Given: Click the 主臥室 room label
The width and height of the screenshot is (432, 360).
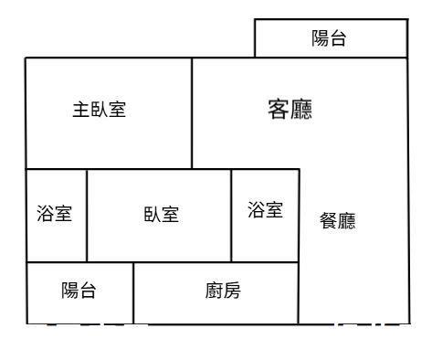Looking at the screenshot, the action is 100,110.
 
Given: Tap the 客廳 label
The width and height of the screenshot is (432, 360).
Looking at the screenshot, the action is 290,110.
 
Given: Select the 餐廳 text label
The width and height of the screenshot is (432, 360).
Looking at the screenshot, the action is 337,220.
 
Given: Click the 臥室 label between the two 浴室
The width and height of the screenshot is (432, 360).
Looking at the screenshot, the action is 161,215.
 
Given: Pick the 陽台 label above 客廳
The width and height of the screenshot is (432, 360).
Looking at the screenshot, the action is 329,38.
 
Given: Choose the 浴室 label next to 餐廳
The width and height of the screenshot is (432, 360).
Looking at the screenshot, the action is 266,210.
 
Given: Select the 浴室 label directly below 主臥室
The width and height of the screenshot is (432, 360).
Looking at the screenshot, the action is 55,215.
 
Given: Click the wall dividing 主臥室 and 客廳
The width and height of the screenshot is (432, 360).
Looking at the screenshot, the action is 192,113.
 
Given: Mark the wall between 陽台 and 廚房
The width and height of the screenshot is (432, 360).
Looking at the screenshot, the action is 134,292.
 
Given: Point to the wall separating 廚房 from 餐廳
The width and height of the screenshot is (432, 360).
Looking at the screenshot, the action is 299,292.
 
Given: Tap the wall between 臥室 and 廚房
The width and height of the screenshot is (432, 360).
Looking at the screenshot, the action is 183,262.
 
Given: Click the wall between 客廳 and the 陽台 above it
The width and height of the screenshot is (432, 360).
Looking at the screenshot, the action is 331,58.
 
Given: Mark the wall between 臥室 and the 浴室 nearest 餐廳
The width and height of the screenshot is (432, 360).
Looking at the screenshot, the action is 232,215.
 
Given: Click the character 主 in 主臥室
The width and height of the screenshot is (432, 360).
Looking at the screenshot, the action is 80,110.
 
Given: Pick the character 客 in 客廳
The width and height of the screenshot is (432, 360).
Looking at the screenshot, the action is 279,110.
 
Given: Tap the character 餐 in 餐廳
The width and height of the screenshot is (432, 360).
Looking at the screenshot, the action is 328,220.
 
